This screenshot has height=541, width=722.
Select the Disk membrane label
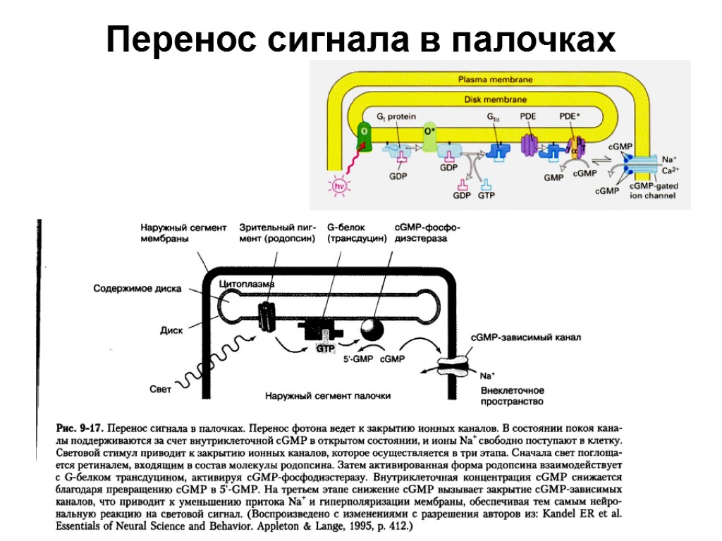click(495, 99)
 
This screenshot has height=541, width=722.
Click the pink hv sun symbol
click(340, 185)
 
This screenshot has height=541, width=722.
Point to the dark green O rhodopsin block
click(365, 136)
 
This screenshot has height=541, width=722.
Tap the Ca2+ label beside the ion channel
click(671, 170)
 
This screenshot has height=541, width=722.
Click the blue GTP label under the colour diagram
click(487, 195)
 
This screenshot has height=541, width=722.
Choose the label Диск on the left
click(171, 329)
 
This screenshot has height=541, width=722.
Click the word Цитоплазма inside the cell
click(247, 283)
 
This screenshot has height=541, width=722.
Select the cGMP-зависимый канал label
click(526, 337)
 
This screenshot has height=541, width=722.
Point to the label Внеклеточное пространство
click(512, 396)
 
